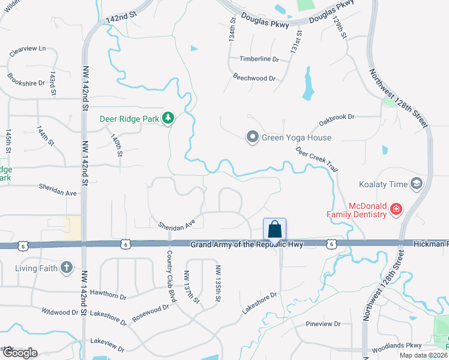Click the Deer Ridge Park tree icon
[x=169, y=119]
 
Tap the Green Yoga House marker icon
[x=253, y=137]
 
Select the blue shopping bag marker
[x=274, y=229]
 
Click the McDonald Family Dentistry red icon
[x=396, y=209]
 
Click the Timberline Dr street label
[x=259, y=59]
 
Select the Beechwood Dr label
[x=254, y=79]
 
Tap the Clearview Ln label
[x=28, y=51]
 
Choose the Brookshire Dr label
[x=26, y=79]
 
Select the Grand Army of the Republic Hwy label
[x=247, y=245]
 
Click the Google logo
[x=19, y=353]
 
